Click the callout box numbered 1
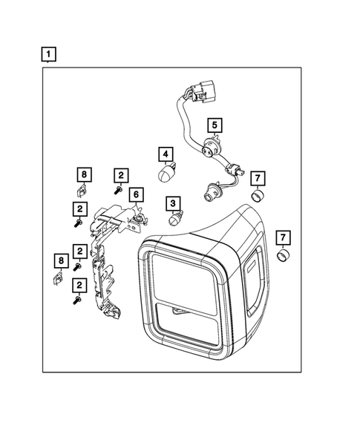click(x=48, y=54)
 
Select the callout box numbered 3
click(x=172, y=203)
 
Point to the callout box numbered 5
click(x=214, y=125)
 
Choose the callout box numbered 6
click(x=137, y=194)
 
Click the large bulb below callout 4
click(x=166, y=173)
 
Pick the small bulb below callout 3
click(x=175, y=220)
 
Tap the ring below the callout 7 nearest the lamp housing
click(x=282, y=257)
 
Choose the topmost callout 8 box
click(x=84, y=174)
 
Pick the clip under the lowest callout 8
click(x=60, y=278)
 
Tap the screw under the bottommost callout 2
click(x=77, y=301)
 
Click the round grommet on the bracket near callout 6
click(x=139, y=220)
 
